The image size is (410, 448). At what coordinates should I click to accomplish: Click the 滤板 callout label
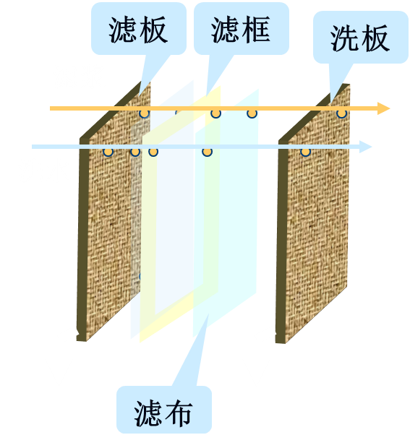point(138,30)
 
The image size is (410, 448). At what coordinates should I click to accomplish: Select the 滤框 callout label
point(241,30)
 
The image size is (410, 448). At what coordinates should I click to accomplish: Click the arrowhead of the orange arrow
point(384,108)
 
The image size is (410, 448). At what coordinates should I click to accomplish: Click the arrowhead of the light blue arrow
point(366,147)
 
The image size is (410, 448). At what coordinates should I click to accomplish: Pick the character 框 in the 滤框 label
point(256,30)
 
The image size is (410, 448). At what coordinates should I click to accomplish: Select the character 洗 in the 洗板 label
point(344,38)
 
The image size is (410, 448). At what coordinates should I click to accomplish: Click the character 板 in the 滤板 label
point(153,30)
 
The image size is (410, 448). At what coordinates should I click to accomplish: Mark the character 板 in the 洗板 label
point(375,38)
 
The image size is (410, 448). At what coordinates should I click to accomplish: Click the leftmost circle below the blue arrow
point(108,152)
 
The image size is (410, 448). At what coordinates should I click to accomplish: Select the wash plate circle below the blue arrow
point(305,152)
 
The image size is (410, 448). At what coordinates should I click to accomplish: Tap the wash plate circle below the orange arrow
point(341,113)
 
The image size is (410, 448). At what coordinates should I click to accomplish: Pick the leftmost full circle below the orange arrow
point(145,113)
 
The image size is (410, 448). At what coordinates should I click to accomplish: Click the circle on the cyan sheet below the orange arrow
point(252,113)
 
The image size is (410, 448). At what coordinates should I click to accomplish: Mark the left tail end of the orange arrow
point(51,108)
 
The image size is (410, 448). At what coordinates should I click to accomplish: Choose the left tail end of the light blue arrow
point(32,147)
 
